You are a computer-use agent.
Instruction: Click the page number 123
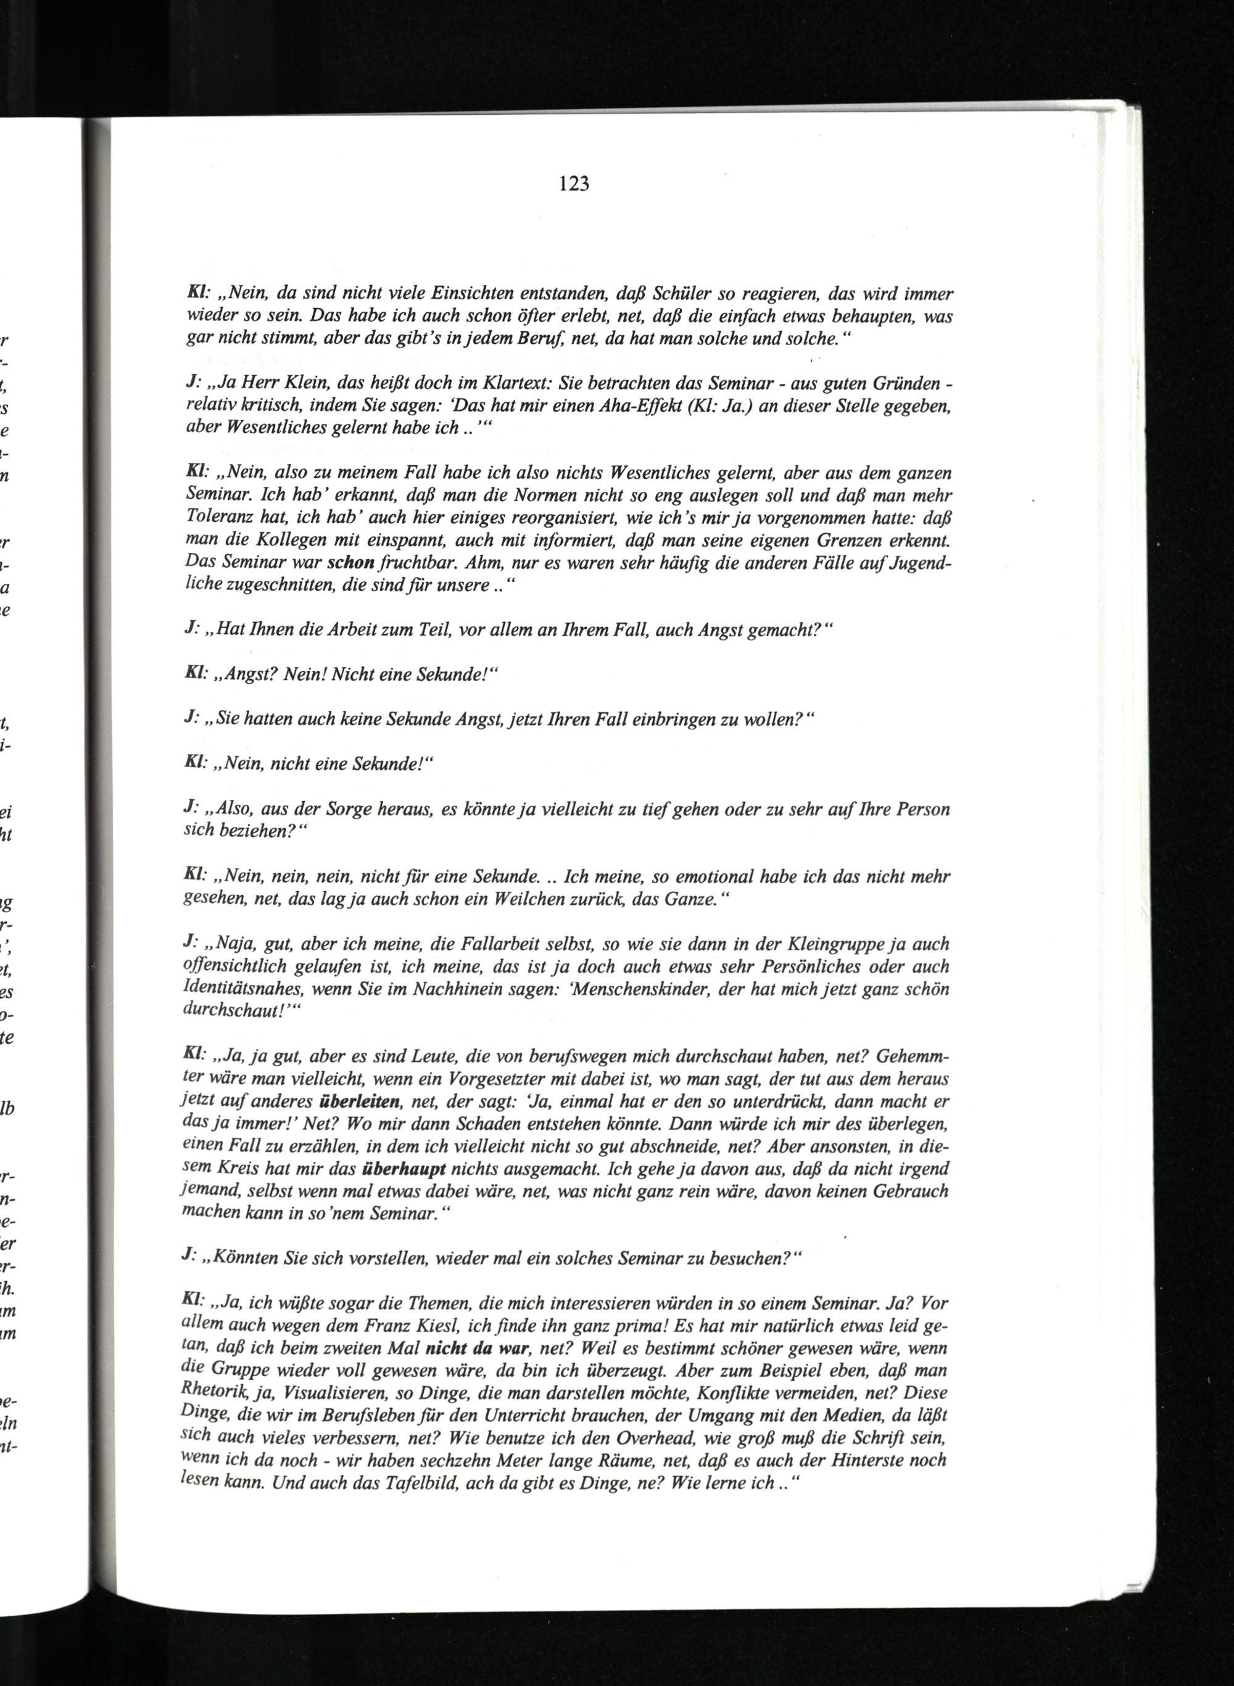click(x=574, y=184)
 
